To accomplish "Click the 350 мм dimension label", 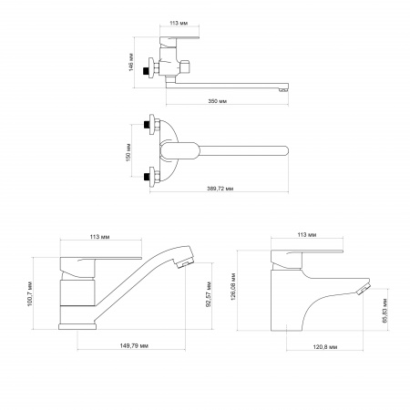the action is coord(218,101).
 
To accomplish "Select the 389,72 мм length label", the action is coord(220,189).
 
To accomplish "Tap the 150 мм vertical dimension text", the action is coord(128,152).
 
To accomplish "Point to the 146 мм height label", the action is coord(131,62).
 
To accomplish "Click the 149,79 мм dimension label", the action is coord(134,345).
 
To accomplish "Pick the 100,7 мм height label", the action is coord(30,294).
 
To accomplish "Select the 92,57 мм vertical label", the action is coord(209,294).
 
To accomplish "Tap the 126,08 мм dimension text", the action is coord(233,286).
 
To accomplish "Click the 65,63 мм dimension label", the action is coord(385,311).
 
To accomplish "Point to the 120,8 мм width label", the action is coord(325,347).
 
